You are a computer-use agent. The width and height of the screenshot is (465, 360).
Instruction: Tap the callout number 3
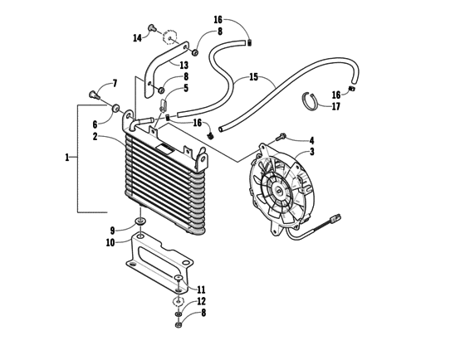pyautogui.click(x=311, y=152)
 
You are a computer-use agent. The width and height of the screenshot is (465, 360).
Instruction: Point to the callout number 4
pyautogui.click(x=311, y=140)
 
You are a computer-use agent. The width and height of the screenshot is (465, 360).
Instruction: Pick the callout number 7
pyautogui.click(x=115, y=84)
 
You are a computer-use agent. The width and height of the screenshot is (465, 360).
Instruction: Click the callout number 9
pyautogui.click(x=112, y=230)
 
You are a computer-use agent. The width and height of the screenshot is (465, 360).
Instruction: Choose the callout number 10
pyautogui.click(x=110, y=242)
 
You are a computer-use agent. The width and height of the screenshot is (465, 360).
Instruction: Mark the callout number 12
pyautogui.click(x=201, y=301)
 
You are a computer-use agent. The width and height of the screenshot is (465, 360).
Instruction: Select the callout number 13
pyautogui.click(x=184, y=65)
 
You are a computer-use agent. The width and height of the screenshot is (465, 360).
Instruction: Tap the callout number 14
pyautogui.click(x=137, y=37)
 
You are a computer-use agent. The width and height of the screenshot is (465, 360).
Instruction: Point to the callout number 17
pyautogui.click(x=335, y=106)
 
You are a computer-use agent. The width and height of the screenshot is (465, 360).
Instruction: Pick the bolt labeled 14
pyautogui.click(x=153, y=29)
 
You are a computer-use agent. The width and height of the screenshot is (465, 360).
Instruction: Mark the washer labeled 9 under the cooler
pyautogui.click(x=140, y=223)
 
